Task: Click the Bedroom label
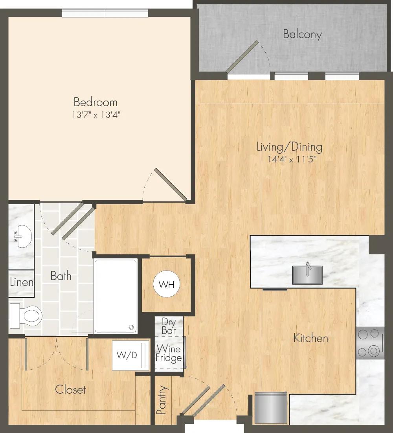point(95,102)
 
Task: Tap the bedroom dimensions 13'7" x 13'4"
point(96,114)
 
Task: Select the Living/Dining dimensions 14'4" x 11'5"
point(292,159)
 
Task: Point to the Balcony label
point(302,34)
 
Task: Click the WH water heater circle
point(167,284)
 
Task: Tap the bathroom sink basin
point(23,236)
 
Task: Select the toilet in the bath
point(26,316)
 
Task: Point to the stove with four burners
point(370,343)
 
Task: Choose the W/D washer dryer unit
point(130,355)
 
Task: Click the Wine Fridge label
point(168,353)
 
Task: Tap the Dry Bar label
point(169,326)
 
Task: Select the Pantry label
point(162,400)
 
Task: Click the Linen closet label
point(22,282)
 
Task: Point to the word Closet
point(70,389)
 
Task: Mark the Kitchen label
point(310,338)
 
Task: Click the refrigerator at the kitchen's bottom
point(271,407)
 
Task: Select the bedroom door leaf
point(171,184)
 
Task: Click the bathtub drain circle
point(131,328)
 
